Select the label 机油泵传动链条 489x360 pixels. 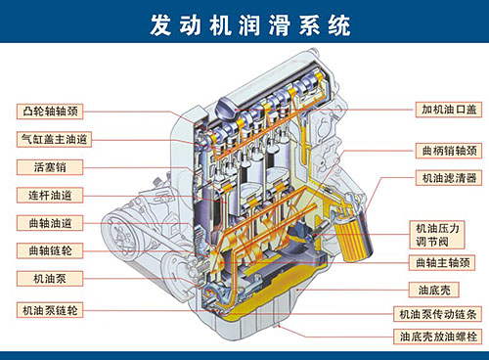439,315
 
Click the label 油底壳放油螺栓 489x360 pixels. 439,337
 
